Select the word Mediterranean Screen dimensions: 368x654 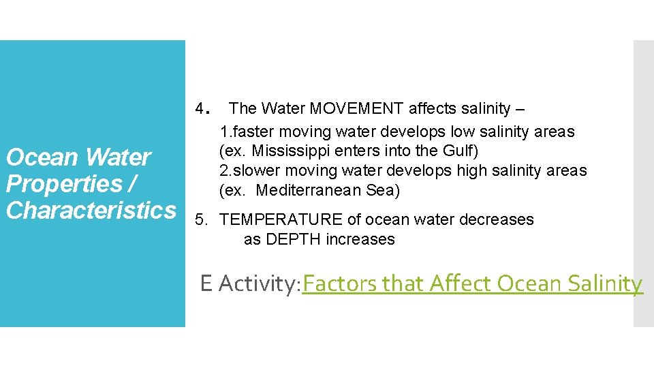click(310, 190)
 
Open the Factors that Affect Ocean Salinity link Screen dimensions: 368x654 click(472, 283)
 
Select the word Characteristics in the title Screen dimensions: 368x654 click(91, 210)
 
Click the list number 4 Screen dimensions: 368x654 click(200, 108)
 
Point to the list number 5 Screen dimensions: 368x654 click(200, 219)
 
